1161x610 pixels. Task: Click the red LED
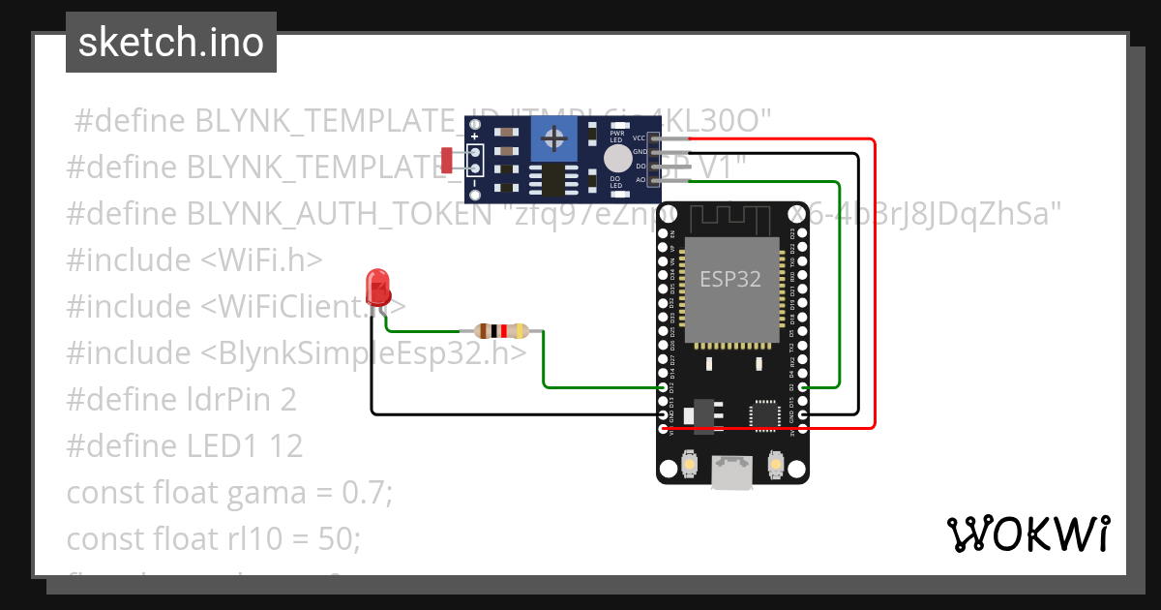(x=377, y=285)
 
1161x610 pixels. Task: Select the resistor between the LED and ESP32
(x=500, y=331)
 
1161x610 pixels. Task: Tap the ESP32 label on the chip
(x=730, y=280)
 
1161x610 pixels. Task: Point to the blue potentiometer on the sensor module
(x=554, y=138)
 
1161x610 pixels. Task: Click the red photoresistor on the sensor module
(x=447, y=160)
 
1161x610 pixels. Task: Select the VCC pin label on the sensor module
(x=640, y=138)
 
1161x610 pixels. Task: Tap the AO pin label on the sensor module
(x=640, y=180)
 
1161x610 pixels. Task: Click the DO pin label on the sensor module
(x=640, y=167)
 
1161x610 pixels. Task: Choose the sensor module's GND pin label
(x=640, y=152)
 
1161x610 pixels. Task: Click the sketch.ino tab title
(x=171, y=43)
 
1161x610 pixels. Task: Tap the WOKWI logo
(x=1027, y=534)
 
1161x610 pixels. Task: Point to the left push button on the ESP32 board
(x=690, y=466)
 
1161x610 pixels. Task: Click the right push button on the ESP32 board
(x=774, y=466)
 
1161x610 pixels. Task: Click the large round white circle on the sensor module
(x=615, y=159)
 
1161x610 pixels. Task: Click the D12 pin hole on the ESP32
(x=664, y=387)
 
